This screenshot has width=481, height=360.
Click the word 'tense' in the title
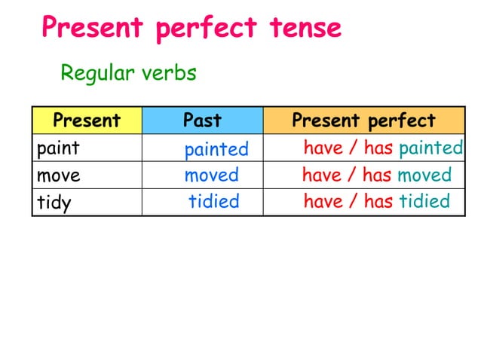coord(305,29)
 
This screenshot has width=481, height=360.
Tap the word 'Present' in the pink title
coord(91,29)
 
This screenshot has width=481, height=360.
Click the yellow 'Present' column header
coord(87,121)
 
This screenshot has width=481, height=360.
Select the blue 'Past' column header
coord(202,121)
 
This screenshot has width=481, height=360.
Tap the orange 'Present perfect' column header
coord(363,121)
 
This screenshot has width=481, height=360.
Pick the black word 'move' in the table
coord(59,175)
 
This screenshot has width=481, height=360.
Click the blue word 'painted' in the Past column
coord(216,149)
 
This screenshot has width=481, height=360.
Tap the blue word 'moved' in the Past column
coord(211,175)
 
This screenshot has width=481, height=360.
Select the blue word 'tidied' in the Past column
coord(213,201)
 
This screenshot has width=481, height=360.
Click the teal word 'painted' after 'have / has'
coord(430,148)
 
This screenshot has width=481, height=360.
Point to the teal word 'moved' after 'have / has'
coord(424,175)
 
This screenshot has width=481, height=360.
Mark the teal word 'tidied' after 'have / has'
coord(424,201)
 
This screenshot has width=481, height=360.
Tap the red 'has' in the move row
coord(378,175)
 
